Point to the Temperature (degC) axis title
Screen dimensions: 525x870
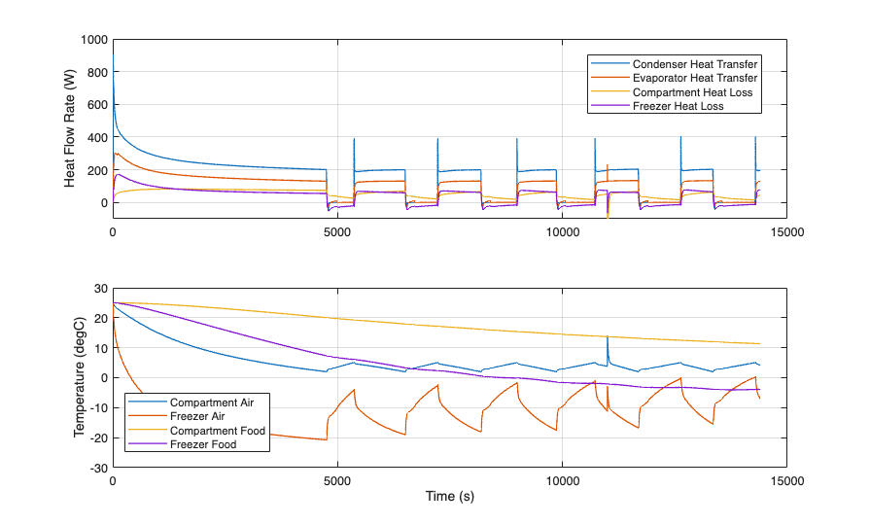pyautogui.click(x=79, y=378)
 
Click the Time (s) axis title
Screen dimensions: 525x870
pyautogui.click(x=449, y=496)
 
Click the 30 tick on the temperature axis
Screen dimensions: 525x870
pyautogui.click(x=98, y=288)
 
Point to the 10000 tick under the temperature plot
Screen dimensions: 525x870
pyautogui.click(x=562, y=480)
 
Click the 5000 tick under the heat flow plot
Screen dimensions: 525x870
pyautogui.click(x=337, y=233)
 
